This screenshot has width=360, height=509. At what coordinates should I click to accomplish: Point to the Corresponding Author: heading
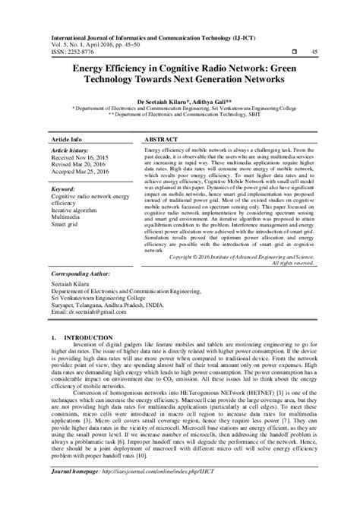click(81, 272)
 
